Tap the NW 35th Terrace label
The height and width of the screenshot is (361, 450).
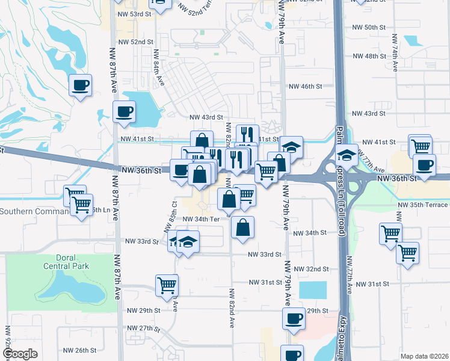(422, 205)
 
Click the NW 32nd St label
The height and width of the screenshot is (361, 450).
(314, 269)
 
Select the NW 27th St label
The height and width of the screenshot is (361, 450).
(143, 329)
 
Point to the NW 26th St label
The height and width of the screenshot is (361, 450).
(80, 350)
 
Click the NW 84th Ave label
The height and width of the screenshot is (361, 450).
(158, 67)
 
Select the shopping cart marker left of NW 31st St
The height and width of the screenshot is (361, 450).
(167, 284)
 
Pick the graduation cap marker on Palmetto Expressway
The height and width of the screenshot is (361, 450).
(347, 155)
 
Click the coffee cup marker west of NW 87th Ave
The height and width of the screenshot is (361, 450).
(80, 85)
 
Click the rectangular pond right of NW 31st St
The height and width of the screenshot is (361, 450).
(313, 290)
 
